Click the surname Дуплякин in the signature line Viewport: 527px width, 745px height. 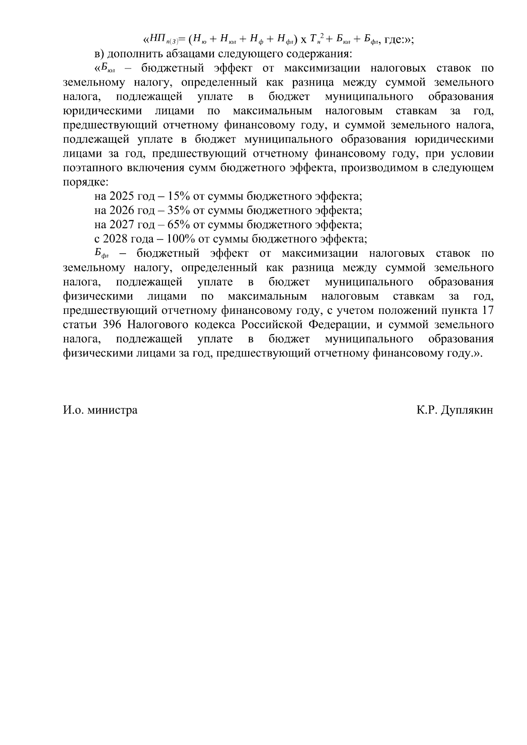pyautogui.click(x=468, y=410)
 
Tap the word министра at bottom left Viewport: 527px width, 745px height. pyautogui.click(x=112, y=410)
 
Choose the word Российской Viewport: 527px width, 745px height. pyautogui.click(x=272, y=325)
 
